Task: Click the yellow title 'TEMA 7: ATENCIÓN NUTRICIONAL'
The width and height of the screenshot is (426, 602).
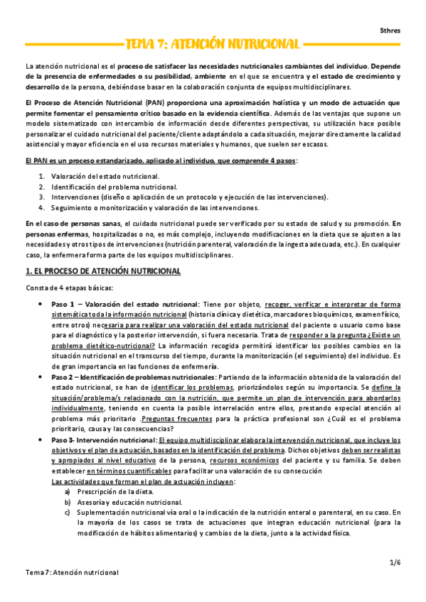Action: [212, 44]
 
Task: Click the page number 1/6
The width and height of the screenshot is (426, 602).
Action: [395, 562]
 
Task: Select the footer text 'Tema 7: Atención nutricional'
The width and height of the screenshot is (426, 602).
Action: [71, 572]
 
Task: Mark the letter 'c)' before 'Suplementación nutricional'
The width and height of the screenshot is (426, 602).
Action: [68, 512]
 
